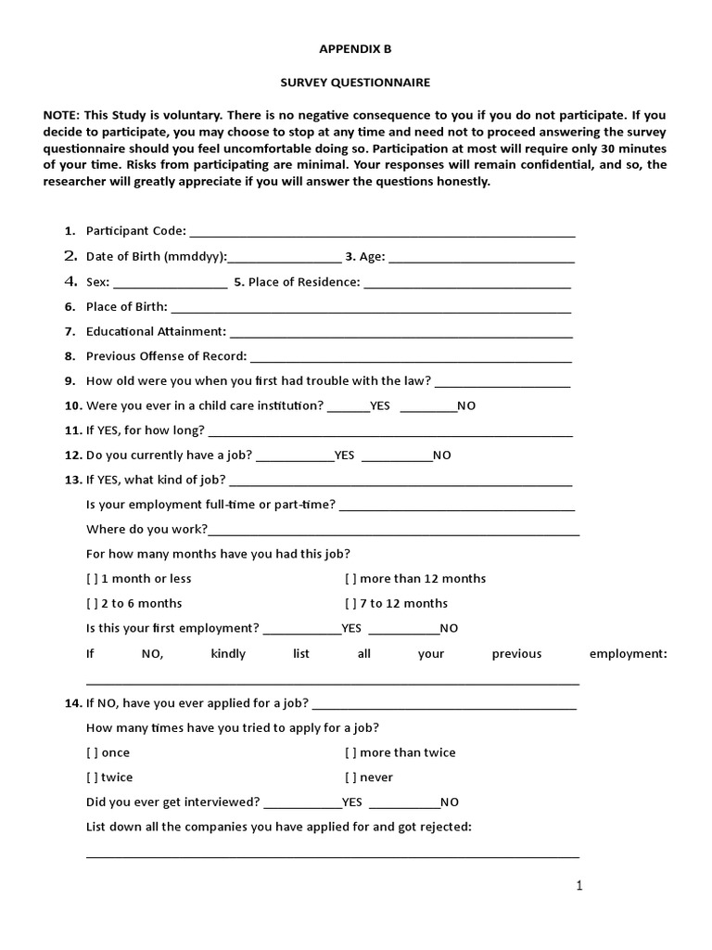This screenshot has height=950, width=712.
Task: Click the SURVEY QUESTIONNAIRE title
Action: [x=355, y=83]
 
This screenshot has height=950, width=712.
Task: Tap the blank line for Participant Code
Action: [x=381, y=233]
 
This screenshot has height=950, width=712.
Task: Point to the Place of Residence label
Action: [x=297, y=282]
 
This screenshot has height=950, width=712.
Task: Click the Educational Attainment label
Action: [x=156, y=331]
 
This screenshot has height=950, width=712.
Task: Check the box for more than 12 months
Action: [x=351, y=579]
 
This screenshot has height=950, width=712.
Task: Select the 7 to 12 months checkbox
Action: [x=351, y=604]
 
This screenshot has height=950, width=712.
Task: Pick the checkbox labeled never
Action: [x=351, y=778]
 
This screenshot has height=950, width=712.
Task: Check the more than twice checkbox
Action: [x=351, y=753]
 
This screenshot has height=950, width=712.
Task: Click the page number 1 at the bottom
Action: [x=579, y=887]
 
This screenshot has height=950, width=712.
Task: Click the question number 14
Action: [x=73, y=704]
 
